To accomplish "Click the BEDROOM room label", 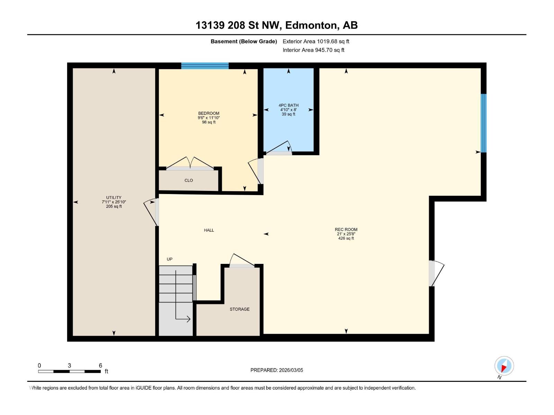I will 209,113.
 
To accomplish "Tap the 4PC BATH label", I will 288,105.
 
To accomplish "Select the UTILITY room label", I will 114,198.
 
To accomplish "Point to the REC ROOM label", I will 346,230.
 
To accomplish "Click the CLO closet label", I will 189,181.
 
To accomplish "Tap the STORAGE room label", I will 240,309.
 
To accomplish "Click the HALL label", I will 209,230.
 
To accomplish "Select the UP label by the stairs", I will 170,259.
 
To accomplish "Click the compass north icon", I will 504,366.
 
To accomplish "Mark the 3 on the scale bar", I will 70,366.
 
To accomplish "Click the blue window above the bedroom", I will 205,66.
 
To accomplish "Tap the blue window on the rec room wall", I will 483,123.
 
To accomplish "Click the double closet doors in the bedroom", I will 190,163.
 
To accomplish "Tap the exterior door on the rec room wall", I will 436,274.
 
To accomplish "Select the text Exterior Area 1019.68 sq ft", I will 316,41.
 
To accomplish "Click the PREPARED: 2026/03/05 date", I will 277,370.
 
